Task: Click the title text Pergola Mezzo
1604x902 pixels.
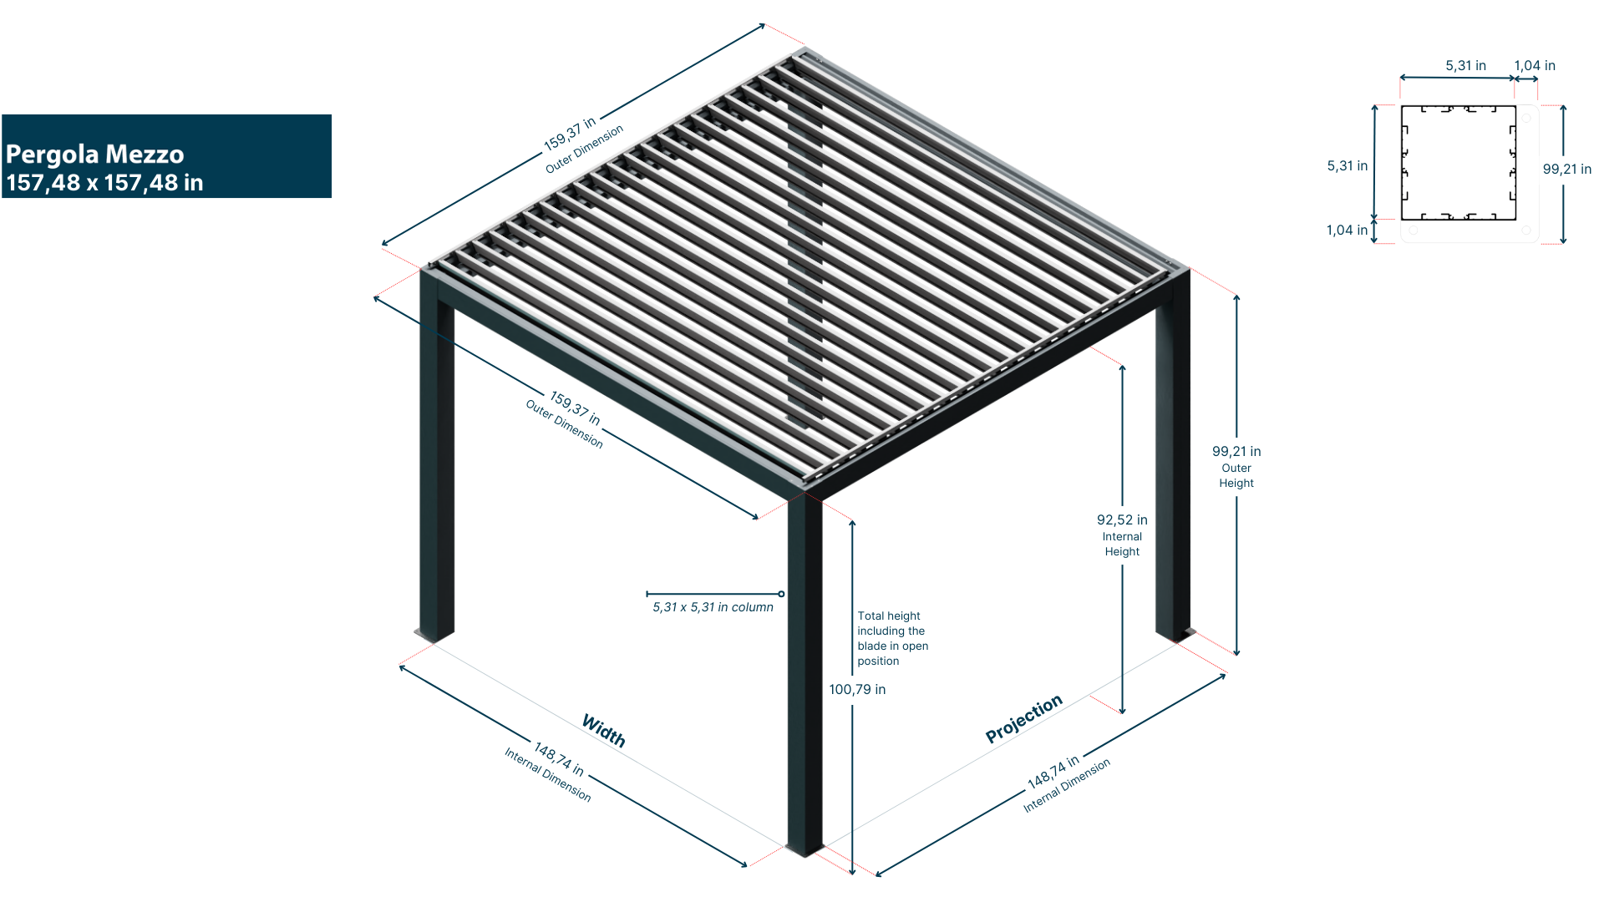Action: pyautogui.click(x=94, y=155)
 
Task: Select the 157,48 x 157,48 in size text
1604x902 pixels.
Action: pyautogui.click(x=104, y=183)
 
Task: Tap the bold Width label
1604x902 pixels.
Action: pyautogui.click(x=604, y=731)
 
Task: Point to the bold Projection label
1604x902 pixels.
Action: pyautogui.click(x=1023, y=718)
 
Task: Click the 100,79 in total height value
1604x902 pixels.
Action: pyautogui.click(x=857, y=689)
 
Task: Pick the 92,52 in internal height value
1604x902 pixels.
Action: pyautogui.click(x=1122, y=519)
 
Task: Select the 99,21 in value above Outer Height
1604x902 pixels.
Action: pyautogui.click(x=1236, y=451)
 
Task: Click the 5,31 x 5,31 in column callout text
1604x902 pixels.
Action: pyautogui.click(x=713, y=607)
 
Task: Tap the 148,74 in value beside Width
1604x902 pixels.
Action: pyautogui.click(x=559, y=759)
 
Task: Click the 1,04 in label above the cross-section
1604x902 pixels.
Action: pyautogui.click(x=1535, y=65)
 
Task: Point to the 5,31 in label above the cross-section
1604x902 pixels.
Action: pyautogui.click(x=1466, y=65)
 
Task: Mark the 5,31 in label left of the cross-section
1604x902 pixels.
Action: pyautogui.click(x=1348, y=165)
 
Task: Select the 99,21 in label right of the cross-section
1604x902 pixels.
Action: pyautogui.click(x=1567, y=169)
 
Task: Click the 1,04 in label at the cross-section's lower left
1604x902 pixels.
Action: pyautogui.click(x=1347, y=230)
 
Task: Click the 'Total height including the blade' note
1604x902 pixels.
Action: pyautogui.click(x=892, y=638)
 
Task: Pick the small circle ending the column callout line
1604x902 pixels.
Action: pyautogui.click(x=781, y=594)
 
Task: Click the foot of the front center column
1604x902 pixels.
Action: pyautogui.click(x=805, y=849)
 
